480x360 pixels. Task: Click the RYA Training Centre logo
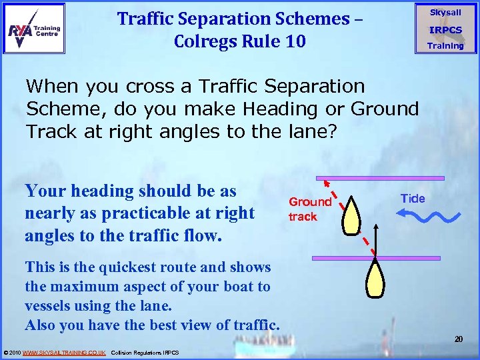click(x=34, y=28)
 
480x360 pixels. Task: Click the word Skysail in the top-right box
click(x=445, y=13)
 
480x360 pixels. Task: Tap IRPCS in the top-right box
click(x=445, y=30)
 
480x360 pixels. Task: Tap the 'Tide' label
click(x=413, y=199)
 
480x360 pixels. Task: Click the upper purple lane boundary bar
click(x=380, y=178)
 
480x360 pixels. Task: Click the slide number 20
click(x=459, y=340)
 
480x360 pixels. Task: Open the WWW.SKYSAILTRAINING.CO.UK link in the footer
click(x=63, y=352)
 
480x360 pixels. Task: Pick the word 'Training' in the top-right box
click(x=445, y=46)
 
